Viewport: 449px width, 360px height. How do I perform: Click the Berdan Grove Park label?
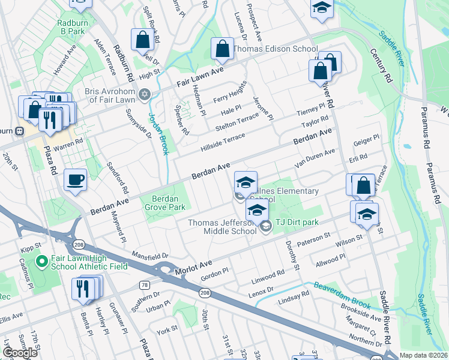[164, 202]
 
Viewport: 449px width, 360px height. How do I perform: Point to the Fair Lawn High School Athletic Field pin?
[41, 262]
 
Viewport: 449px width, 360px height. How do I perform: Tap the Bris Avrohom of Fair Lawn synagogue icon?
[143, 94]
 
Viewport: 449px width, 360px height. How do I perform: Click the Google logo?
[20, 353]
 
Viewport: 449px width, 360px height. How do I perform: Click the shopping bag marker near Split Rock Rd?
[143, 40]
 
